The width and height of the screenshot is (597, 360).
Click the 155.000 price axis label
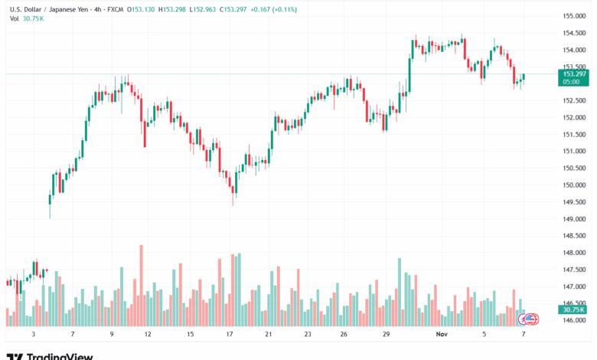575,15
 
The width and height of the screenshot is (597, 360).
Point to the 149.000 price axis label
575,219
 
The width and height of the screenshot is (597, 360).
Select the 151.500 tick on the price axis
575,134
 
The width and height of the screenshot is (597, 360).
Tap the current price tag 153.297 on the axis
575,74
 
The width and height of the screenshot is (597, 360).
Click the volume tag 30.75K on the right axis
575,309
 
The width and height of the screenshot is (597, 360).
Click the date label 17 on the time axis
228,335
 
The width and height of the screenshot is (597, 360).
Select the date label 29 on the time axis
387,335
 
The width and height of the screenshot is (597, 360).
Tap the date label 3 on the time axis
33,335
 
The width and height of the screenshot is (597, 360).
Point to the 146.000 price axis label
575,321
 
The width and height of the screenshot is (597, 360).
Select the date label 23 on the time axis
307,335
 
